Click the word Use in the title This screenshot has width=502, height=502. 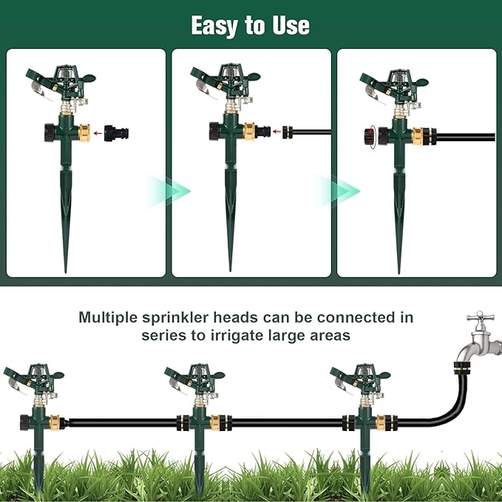pos(289,26)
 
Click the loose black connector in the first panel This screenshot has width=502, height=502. pos(117,133)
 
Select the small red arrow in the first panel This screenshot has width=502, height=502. pos(97,134)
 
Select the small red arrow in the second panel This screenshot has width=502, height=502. pos(276,132)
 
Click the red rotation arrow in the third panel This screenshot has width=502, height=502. pos(368,136)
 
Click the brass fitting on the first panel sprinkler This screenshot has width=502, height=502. pos(83,133)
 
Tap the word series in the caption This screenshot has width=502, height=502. pos(164,334)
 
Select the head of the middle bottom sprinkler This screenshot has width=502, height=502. pos(197,377)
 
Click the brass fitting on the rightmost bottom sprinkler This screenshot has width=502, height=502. pos(381,423)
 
